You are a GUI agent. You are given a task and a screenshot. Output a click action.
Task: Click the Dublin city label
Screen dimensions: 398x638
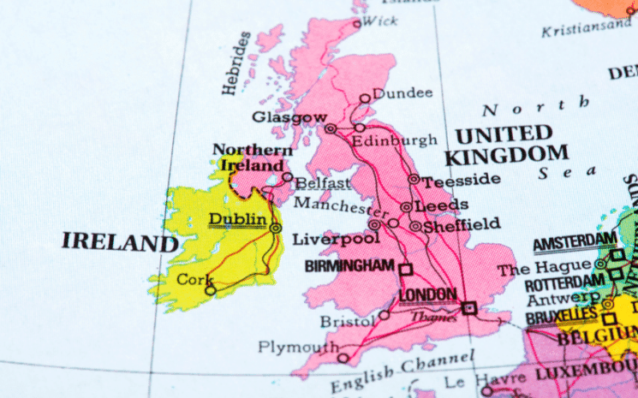click(237, 220)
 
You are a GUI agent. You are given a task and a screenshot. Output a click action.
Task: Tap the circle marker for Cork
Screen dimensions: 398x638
click(211, 290)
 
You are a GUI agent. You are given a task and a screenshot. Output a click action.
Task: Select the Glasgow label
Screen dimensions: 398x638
click(289, 117)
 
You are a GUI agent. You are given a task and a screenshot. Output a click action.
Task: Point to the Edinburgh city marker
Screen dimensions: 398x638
click(360, 128)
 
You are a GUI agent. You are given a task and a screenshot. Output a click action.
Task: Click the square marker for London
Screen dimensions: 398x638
click(468, 308)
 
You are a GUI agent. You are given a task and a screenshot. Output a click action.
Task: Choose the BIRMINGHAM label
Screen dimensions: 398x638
click(350, 266)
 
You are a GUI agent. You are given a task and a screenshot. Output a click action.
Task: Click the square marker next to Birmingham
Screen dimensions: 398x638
click(406, 269)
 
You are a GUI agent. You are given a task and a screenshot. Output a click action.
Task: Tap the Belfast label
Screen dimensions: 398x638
click(323, 183)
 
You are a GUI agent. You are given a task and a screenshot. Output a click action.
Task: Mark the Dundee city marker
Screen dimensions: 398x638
click(365, 98)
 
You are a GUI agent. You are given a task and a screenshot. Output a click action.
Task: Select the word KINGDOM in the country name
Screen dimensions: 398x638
click(506, 156)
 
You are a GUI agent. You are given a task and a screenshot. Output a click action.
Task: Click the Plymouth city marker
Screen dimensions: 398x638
click(343, 358)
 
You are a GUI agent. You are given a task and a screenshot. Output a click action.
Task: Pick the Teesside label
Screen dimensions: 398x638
click(462, 179)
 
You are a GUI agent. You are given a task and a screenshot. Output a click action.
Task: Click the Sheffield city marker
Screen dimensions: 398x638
click(415, 227)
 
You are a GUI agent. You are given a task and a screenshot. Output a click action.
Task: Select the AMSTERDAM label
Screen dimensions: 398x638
click(574, 243)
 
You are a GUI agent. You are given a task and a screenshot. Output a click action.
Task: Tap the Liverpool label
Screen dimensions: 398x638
click(325, 240)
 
